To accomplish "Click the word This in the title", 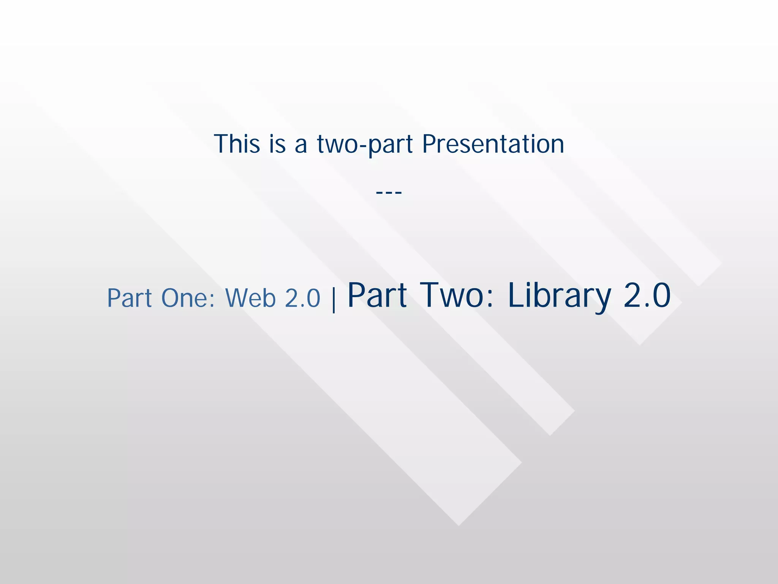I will click(237, 144).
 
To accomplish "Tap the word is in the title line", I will click(277, 144).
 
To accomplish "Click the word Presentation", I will click(493, 144).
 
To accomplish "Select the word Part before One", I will click(130, 298).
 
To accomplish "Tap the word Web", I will click(251, 298).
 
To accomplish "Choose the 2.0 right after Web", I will click(302, 298).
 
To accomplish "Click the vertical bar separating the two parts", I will click(334, 299).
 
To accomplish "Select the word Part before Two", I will click(377, 296).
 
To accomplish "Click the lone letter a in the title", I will click(300, 146).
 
